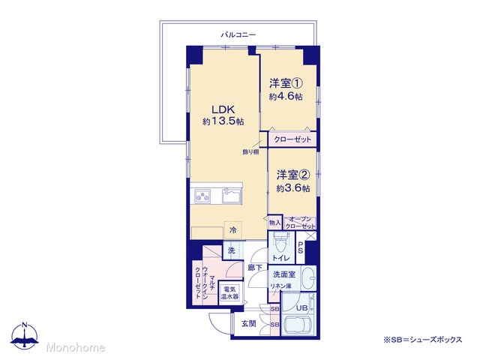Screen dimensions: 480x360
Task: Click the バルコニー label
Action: (238, 34)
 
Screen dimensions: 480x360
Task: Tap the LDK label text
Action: (223, 109)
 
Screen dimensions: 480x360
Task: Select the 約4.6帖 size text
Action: (286, 97)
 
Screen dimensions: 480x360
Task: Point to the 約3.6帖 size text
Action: (293, 188)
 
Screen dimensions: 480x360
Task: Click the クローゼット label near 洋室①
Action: (292, 139)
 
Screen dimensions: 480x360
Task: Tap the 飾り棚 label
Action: (250, 151)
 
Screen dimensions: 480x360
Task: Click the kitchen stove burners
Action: (202, 196)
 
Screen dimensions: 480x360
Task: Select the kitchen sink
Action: (232, 196)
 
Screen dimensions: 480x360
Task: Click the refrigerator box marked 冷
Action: (233, 229)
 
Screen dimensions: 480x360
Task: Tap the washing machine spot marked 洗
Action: (232, 250)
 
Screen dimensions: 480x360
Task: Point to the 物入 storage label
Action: (274, 223)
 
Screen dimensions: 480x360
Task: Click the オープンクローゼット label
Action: (300, 223)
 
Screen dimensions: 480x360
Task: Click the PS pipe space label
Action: (300, 247)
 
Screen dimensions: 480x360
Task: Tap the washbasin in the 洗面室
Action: (308, 278)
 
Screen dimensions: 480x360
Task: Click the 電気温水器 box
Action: (229, 292)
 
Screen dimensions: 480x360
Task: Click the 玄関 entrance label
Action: (248, 323)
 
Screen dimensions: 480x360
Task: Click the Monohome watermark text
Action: (76, 347)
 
